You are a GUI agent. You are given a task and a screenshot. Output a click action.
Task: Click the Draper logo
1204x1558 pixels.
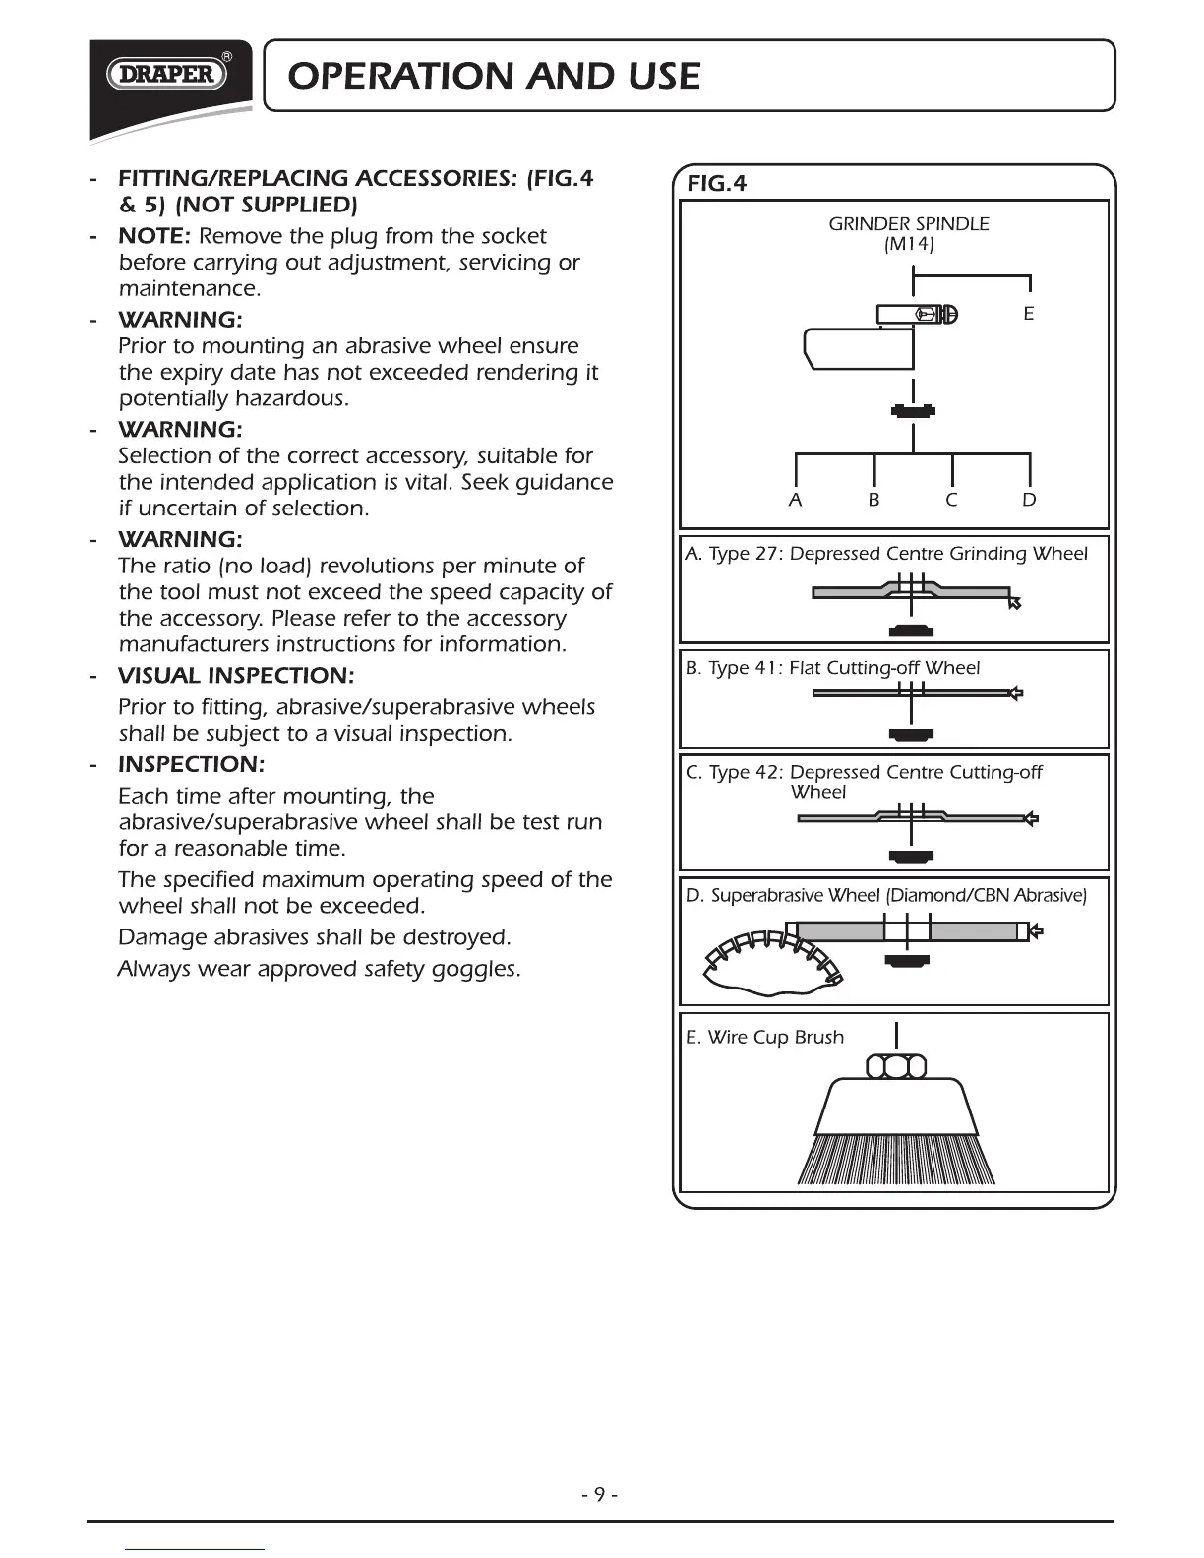point(167,75)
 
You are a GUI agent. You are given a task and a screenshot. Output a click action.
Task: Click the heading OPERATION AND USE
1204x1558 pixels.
point(490,76)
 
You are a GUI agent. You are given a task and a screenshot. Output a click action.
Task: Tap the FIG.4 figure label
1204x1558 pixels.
point(717,183)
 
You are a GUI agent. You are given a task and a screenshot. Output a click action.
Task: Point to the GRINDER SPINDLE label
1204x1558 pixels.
point(908,223)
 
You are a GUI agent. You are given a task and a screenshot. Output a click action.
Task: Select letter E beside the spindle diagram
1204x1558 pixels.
point(1028,314)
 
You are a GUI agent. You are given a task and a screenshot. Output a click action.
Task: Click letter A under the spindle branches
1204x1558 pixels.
point(795,500)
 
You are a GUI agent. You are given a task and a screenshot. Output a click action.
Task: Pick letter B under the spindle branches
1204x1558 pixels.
point(873,500)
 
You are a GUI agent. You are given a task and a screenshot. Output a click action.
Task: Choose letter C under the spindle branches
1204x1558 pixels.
point(951,500)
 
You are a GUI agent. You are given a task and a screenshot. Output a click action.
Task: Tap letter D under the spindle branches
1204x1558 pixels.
point(1029,500)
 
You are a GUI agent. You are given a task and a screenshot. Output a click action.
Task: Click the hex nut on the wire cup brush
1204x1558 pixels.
point(896,1066)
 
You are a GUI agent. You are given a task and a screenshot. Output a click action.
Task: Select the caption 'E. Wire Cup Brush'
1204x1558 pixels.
point(764,1037)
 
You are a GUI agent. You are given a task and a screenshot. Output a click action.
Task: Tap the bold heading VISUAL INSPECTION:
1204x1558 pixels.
point(235,676)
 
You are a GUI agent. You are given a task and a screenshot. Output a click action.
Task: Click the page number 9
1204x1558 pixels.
point(599,1496)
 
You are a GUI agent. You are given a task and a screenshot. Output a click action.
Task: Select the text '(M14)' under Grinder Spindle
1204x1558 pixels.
point(908,244)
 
